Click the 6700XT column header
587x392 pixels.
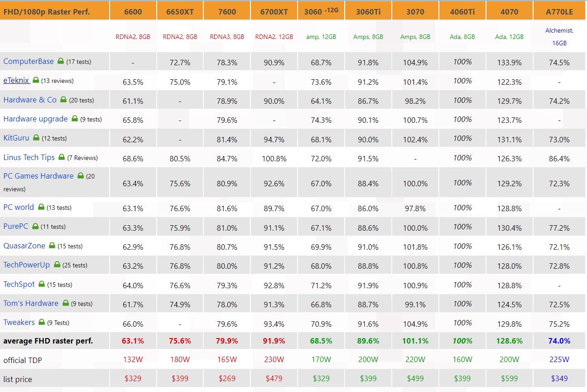(274, 12)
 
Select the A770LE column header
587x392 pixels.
(559, 12)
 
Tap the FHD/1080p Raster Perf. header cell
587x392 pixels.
(47, 12)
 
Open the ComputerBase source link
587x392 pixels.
(29, 61)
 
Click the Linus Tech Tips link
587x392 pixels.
(29, 157)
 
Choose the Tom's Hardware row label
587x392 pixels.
(31, 303)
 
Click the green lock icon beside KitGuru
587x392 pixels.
(36, 138)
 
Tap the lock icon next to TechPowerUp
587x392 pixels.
(58, 265)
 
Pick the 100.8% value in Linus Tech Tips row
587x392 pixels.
(274, 159)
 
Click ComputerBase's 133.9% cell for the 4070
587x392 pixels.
(510, 63)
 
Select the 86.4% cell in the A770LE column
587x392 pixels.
(559, 159)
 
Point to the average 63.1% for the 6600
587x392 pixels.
(133, 341)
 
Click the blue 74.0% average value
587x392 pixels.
(559, 341)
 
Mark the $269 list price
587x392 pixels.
(227, 378)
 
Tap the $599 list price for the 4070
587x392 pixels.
(510, 378)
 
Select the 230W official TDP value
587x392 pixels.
(274, 360)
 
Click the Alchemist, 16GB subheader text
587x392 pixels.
(559, 37)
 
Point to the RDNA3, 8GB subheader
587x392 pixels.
(227, 37)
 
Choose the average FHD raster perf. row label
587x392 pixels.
(48, 341)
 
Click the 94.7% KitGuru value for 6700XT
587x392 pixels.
(274, 140)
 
